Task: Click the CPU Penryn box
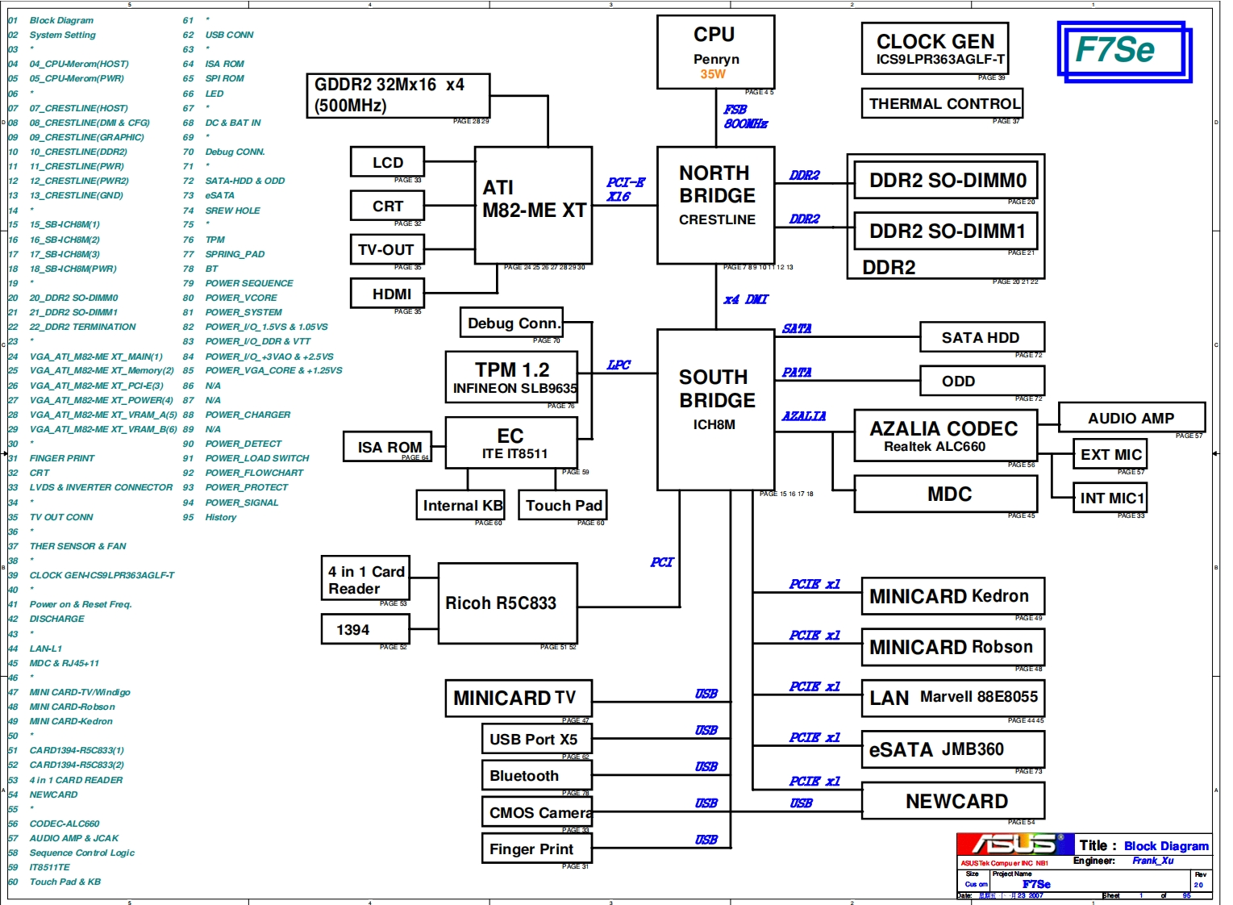715,52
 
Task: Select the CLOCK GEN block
935,48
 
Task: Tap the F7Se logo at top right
1123,51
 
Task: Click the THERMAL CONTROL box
942,103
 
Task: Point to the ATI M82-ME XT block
533,205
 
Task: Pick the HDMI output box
390,294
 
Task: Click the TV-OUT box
387,249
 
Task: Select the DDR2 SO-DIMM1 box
945,231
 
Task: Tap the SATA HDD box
981,337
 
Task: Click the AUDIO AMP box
1131,418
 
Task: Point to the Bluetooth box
536,775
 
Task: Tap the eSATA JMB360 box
952,749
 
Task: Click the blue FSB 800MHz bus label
744,117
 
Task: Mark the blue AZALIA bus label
803,415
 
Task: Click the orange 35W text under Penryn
713,74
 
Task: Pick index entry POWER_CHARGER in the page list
248,415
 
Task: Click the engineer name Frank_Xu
1152,861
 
